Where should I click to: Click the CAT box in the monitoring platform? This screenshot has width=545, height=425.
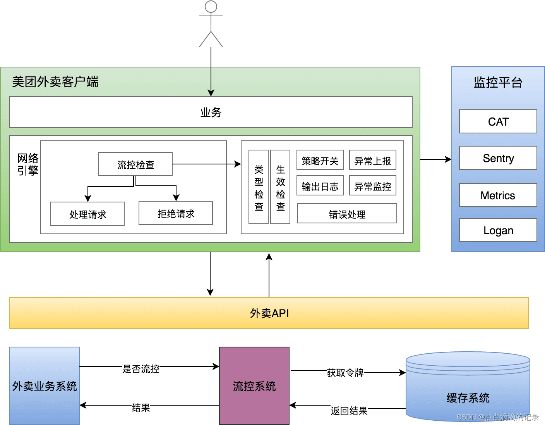[498, 121]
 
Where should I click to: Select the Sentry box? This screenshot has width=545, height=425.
[498, 158]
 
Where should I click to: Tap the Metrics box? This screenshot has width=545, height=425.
[498, 195]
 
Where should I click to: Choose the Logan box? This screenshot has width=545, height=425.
[498, 230]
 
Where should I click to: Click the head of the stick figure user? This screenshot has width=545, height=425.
[211, 7]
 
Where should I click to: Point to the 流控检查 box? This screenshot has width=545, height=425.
[135, 164]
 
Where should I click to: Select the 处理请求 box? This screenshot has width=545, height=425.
[87, 214]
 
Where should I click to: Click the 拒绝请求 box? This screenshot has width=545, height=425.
[176, 213]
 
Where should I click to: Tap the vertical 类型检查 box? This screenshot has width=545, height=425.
[259, 187]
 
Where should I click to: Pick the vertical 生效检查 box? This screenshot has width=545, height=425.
[280, 187]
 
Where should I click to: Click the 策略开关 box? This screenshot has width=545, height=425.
[320, 160]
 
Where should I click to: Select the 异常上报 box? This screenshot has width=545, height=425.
[372, 160]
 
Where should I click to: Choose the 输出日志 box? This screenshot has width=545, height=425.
[320, 186]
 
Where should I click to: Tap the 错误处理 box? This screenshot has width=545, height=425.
[347, 214]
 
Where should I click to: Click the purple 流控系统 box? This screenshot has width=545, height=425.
[254, 386]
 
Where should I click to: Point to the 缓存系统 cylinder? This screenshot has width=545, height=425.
[468, 392]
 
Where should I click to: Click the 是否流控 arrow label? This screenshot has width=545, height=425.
[141, 369]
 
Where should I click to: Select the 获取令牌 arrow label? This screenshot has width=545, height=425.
[345, 373]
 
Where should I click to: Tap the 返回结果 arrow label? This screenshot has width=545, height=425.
[349, 411]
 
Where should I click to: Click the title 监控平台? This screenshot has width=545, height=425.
[498, 82]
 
